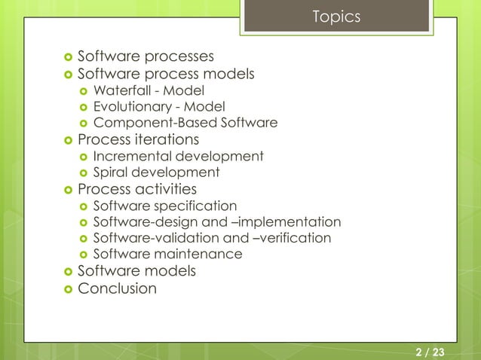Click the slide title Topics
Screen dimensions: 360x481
click(336, 17)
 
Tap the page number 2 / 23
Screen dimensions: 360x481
click(430, 352)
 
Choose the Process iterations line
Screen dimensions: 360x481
click(138, 140)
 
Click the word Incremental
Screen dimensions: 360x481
click(132, 157)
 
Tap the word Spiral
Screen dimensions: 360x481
click(110, 172)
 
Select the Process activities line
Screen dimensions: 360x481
click(136, 189)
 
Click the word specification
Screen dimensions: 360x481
click(198, 206)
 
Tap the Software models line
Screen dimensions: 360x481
click(136, 270)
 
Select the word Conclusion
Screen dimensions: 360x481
click(117, 288)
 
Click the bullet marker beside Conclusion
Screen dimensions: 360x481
click(67, 289)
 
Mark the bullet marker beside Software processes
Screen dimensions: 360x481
click(67, 57)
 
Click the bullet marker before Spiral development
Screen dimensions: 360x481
click(83, 173)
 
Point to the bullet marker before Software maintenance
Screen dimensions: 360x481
click(83, 255)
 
